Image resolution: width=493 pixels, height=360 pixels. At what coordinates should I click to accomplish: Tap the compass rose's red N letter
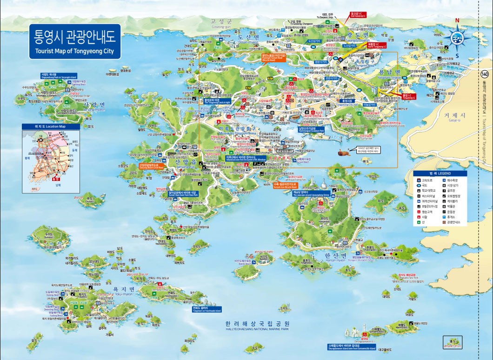[x=457, y=20]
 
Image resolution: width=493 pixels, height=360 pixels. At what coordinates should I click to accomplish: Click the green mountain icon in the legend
[x=418, y=223]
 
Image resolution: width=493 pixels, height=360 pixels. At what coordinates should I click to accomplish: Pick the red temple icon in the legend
[x=418, y=217]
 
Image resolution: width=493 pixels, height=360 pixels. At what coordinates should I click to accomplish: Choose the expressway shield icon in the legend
[x=418, y=180]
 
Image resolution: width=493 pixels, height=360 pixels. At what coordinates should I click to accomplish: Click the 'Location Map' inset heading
[x=50, y=127]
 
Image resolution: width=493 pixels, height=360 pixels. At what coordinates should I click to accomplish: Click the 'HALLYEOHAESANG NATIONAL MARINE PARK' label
[x=257, y=329]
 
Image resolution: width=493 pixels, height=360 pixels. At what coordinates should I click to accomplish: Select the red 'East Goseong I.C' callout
[x=359, y=15]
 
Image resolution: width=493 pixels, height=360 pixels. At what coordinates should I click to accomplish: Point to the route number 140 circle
[x=485, y=74]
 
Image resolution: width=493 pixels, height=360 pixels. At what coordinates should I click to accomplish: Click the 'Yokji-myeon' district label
[x=123, y=291]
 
